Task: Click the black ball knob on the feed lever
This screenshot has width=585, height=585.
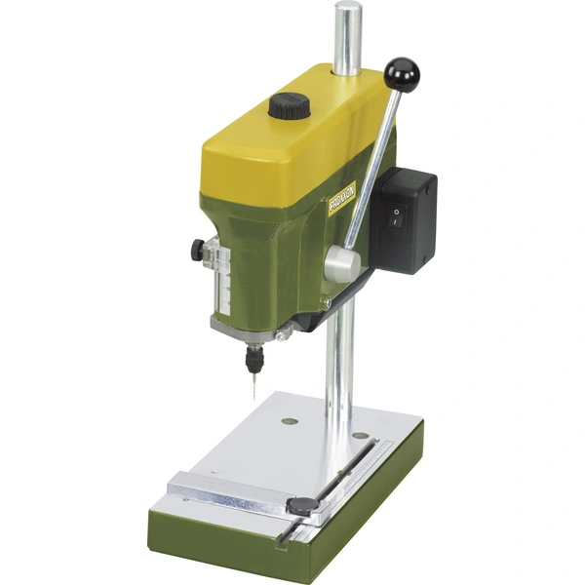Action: (x=401, y=73)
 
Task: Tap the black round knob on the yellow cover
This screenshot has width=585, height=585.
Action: (x=289, y=105)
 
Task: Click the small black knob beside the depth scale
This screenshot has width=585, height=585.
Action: (x=198, y=249)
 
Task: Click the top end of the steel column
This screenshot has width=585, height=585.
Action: (x=347, y=12)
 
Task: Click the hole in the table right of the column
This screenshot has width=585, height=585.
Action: (x=361, y=435)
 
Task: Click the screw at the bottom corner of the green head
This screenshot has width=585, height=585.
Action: (x=284, y=334)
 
